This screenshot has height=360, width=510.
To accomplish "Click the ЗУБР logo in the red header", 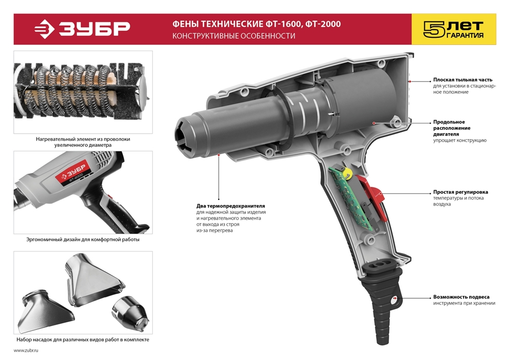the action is [83, 29].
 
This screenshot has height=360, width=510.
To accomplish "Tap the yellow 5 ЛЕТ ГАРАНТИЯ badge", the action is [454, 29].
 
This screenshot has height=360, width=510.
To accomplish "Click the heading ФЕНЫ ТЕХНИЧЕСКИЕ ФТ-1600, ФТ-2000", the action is [257, 24].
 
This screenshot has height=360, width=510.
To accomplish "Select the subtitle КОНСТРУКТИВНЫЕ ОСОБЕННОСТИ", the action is [234, 36].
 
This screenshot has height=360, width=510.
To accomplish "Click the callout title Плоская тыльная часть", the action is [463, 80].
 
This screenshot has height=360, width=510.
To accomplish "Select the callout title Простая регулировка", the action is [460, 192].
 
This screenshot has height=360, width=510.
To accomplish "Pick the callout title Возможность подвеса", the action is [461, 297].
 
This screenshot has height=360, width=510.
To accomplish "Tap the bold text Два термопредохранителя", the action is [231, 206].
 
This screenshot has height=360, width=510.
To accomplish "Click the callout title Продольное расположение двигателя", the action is [451, 128].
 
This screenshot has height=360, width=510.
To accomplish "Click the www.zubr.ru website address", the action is [26, 351].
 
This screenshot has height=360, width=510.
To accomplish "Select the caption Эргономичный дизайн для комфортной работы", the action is [83, 239].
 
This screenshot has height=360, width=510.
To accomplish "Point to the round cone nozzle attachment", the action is [130, 312].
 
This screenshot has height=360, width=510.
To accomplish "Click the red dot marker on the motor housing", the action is [374, 123].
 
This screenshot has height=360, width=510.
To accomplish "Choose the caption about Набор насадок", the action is [83, 340].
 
